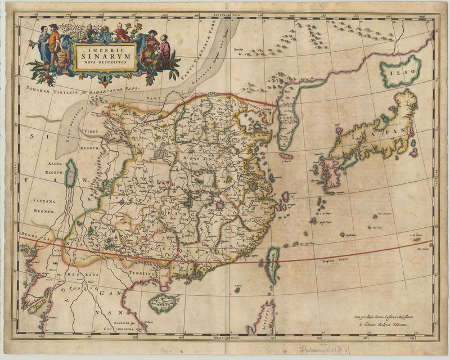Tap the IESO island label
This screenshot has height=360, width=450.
click(x=400, y=71)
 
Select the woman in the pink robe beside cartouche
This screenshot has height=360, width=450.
click(x=164, y=51)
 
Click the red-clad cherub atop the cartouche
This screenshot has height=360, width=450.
click(x=120, y=30)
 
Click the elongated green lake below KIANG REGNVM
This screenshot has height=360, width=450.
click(x=71, y=173)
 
